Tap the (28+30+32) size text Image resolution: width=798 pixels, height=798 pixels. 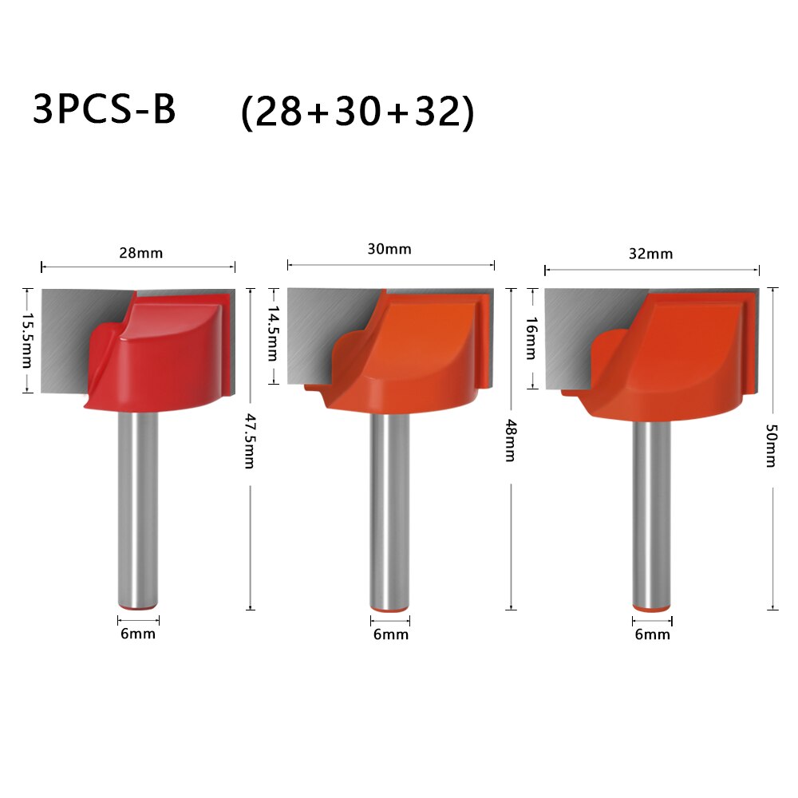358,112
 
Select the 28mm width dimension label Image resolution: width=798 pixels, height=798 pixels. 140,253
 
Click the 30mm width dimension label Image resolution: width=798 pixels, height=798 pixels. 389,249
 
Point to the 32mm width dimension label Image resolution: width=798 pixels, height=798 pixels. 650,254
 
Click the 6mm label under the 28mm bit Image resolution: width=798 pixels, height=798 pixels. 137,634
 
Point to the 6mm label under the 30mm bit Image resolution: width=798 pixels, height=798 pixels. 390,634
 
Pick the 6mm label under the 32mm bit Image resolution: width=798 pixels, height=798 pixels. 652,634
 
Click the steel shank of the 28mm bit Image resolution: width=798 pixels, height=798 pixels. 137,511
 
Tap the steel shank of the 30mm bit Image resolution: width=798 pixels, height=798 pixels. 390,511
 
